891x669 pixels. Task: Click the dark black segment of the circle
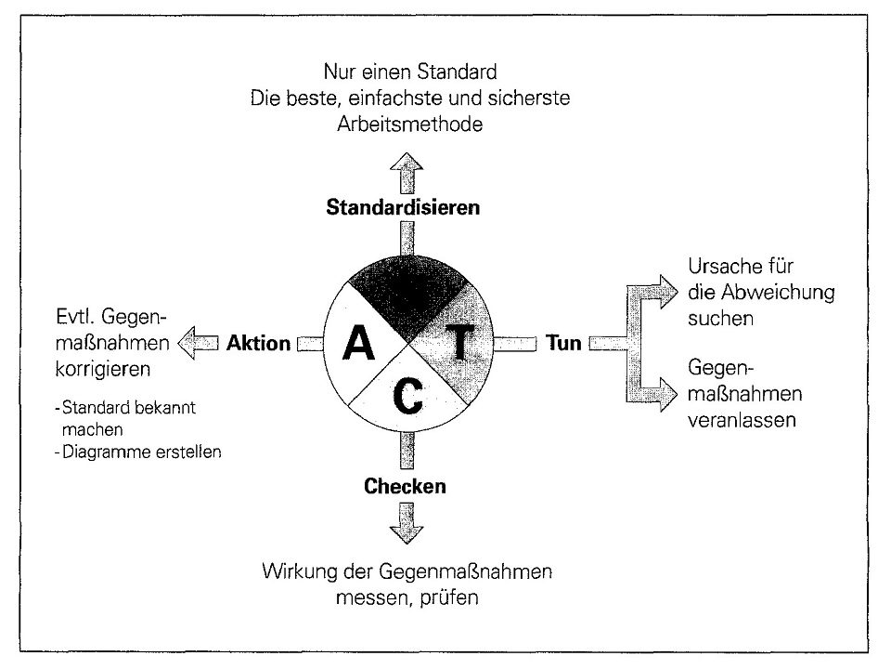click(x=407, y=288)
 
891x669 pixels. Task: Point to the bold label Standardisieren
click(x=403, y=207)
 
